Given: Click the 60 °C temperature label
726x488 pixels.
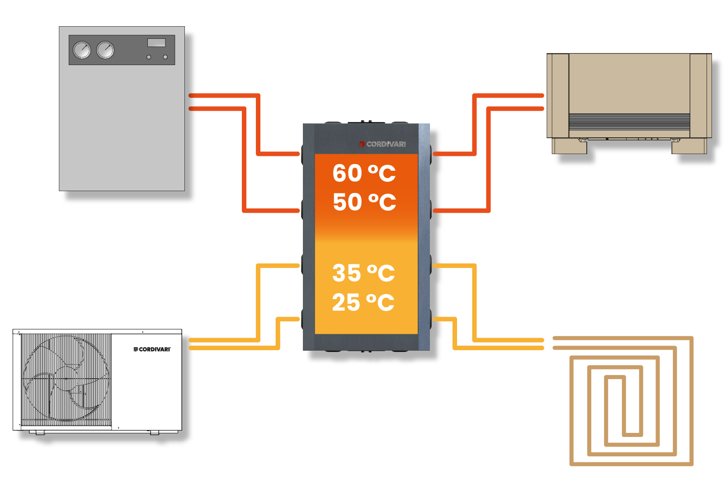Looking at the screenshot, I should tap(364, 173).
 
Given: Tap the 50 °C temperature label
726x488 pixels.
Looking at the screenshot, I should tap(364, 202).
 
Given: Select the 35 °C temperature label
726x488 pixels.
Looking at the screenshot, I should tap(363, 273).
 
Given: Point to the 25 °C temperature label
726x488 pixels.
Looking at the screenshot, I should tap(363, 302).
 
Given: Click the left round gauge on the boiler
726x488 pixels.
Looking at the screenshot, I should tap(82, 50).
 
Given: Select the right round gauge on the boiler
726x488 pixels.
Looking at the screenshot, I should tap(105, 50).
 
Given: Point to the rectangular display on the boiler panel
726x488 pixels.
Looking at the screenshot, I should tap(156, 42).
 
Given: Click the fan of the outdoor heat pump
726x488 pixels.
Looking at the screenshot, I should tap(66, 379).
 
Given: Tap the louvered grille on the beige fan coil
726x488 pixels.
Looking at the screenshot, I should tap(629, 122).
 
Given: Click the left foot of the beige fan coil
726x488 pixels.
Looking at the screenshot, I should tap(569, 146).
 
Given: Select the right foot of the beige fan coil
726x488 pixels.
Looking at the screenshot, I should tap(689, 146).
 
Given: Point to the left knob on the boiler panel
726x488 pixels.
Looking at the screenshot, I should tap(149, 57).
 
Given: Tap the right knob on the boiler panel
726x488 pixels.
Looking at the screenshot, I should tap(165, 57).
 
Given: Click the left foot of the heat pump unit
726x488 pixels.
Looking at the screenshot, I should tap(40, 432).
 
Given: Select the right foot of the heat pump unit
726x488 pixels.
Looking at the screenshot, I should tap(155, 432).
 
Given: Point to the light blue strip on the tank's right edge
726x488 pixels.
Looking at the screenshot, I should tap(424, 235).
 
